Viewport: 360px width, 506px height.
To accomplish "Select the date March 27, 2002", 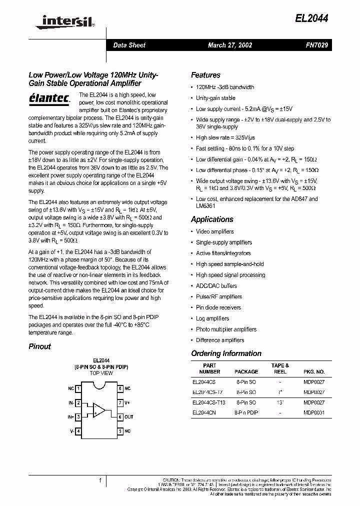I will point(229,45).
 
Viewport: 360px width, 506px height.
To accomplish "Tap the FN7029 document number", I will point(316,45).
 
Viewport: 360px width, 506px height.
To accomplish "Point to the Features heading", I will point(205,75).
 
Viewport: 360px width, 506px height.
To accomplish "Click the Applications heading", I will point(212,219).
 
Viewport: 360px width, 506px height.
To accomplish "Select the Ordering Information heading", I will point(226,353).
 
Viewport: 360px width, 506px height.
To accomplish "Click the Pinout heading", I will point(39,346).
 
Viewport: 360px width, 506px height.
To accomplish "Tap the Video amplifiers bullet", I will point(214,231).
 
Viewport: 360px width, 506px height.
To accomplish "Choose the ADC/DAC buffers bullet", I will point(216,286).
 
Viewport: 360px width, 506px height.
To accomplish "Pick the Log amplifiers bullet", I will point(212,318).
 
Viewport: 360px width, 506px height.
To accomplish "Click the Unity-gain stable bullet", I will point(215,98).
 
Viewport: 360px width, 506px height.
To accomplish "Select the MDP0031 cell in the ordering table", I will point(314,412).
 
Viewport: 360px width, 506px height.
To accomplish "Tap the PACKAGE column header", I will point(246,371).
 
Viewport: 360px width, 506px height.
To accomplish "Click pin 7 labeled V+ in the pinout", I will point(124,402).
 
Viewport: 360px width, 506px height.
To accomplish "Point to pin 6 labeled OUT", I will point(125,416).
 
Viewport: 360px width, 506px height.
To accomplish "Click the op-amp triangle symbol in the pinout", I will point(99,410).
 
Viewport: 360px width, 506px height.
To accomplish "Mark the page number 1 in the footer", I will point(100,480).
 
